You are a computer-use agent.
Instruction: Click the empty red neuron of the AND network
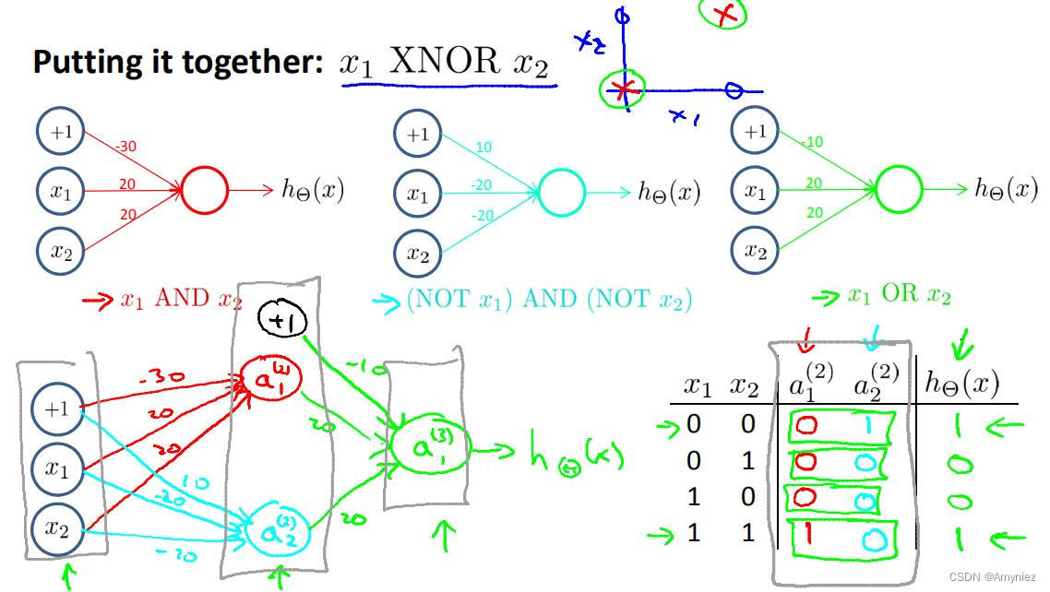204,191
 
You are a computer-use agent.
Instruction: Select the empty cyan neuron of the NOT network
561,192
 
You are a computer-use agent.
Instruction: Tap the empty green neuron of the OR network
898,190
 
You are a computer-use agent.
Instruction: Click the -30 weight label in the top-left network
126,146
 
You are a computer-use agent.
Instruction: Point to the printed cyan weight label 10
483,148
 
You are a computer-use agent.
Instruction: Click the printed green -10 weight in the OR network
812,142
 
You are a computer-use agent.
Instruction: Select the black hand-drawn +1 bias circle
276,320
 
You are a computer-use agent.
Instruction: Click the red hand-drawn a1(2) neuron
269,379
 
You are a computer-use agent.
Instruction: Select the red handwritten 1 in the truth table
806,535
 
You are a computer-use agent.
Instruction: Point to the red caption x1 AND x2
181,300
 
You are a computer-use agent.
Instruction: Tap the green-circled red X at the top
723,13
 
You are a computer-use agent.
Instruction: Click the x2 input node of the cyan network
418,254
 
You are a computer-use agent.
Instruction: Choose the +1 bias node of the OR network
755,132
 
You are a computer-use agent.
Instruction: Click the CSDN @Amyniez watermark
996,576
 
